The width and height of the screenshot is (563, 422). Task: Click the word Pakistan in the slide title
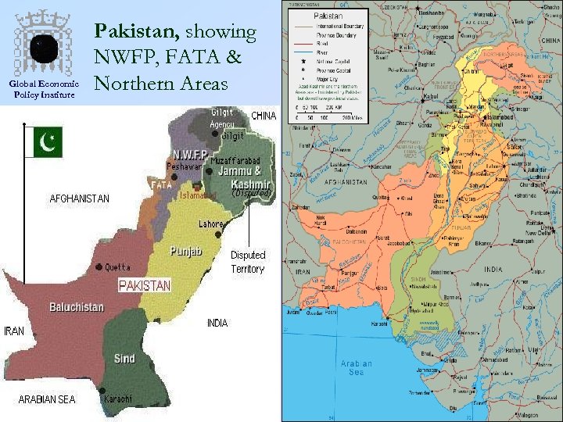tap(138, 32)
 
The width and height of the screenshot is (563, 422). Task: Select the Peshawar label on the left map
tap(183, 167)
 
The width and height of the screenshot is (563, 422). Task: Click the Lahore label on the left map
tap(211, 224)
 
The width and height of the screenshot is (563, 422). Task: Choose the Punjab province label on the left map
tap(187, 252)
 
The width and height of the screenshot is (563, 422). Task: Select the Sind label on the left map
tap(124, 359)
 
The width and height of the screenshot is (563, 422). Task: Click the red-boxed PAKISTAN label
tap(144, 286)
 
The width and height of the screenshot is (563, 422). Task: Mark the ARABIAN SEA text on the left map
tap(47, 399)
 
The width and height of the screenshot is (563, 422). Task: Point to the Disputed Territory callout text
tap(248, 262)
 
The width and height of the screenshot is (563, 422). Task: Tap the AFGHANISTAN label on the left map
tap(80, 198)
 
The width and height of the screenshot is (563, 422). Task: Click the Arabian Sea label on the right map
tap(357, 367)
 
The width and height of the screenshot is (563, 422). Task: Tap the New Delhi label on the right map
tap(537, 233)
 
